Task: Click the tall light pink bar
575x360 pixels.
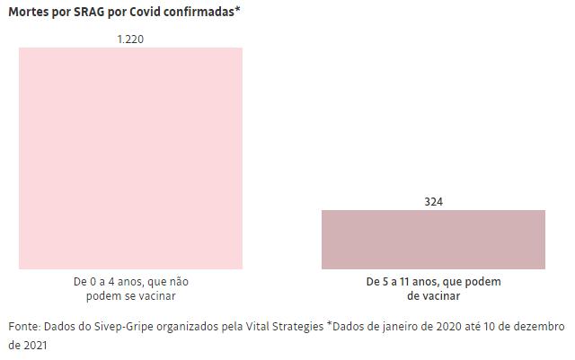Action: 130,157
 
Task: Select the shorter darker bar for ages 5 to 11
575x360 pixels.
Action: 433,239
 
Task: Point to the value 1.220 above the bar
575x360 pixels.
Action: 130,40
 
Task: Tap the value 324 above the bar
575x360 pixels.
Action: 433,202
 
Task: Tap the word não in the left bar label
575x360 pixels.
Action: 178,282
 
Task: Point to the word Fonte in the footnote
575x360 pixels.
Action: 24,326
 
